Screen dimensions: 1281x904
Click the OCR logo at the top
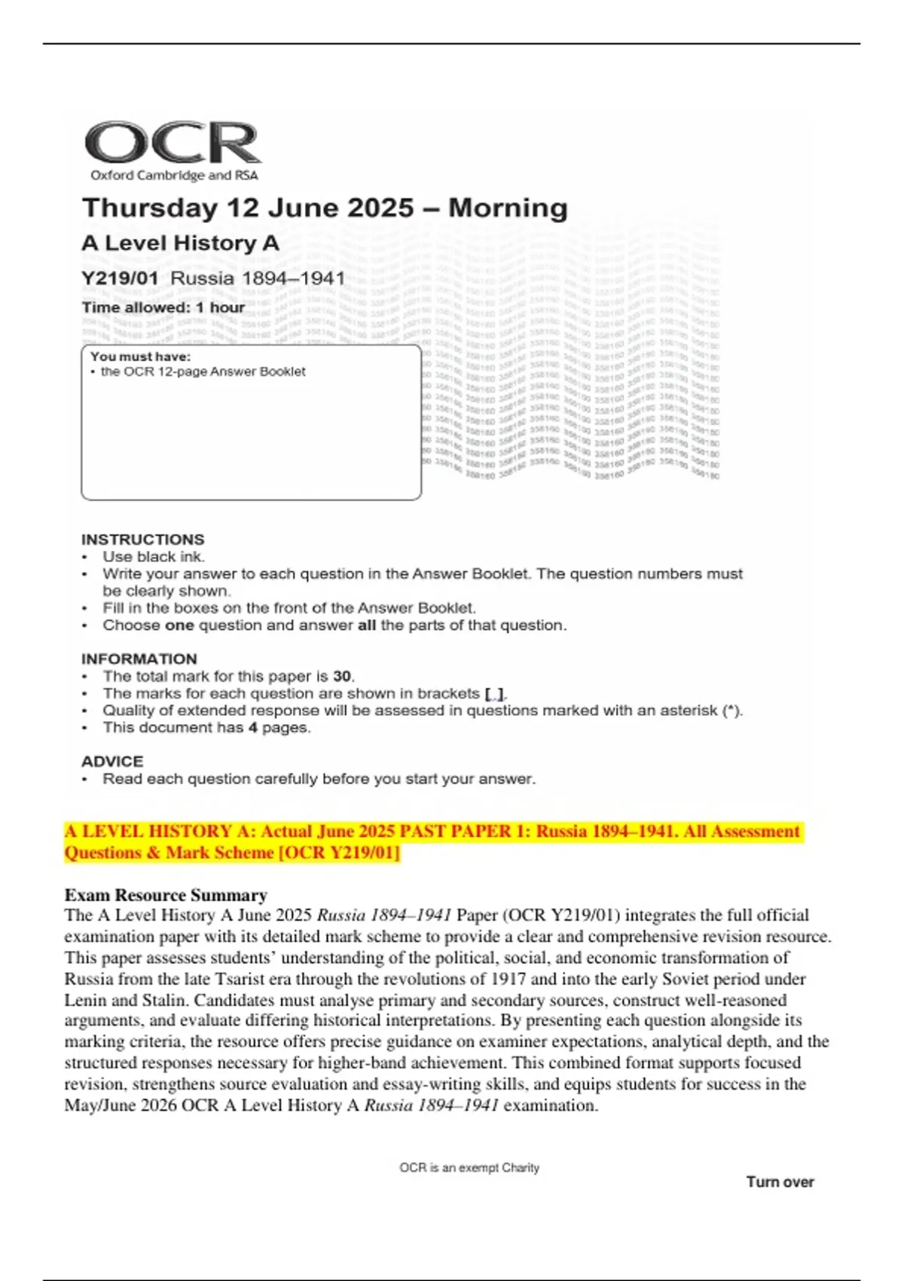[x=173, y=142]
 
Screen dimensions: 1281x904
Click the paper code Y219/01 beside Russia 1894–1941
[x=120, y=278]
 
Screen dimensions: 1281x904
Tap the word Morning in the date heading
[x=508, y=208]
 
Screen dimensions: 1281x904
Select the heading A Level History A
[x=180, y=243]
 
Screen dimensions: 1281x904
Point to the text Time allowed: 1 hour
[x=163, y=307]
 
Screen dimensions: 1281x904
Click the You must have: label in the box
[x=140, y=356]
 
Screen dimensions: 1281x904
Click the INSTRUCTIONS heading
[x=142, y=540]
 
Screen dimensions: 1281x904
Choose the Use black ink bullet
[x=153, y=557]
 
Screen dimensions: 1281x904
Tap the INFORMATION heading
[x=139, y=659]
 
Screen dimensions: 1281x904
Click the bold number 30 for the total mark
[x=342, y=676]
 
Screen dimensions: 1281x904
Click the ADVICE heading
[x=111, y=761]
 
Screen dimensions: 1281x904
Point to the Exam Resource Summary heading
[x=166, y=895]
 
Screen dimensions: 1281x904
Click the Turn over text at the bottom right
[x=780, y=1182]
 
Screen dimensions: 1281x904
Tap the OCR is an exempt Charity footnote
[x=469, y=1168]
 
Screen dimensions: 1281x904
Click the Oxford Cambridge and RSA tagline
[x=174, y=176]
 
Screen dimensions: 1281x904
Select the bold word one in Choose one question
[x=179, y=625]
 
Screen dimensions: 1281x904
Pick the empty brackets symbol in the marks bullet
[x=495, y=693]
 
